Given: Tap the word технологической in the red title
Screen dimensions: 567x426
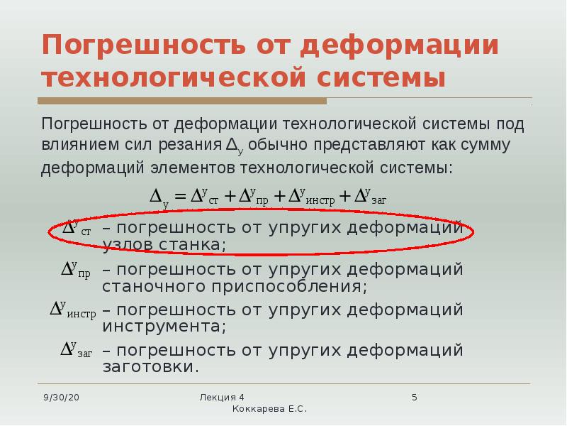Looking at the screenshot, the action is coord(174,78).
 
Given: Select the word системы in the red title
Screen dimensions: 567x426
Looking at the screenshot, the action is coord(381,78).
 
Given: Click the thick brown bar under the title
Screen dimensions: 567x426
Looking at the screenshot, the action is coord(182,101).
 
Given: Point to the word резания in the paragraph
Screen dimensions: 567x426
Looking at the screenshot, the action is coord(190,145).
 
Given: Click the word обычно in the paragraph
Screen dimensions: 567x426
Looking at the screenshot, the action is coord(278,144).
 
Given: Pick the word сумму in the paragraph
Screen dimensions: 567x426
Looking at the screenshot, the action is coord(485,145).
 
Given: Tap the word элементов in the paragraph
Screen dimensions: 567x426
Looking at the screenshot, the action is coord(193,168).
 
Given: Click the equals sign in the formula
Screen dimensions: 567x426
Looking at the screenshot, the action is coord(180,197).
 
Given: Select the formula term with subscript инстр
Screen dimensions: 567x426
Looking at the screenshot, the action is coord(312,197).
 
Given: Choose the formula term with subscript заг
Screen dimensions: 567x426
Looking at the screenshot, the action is coord(371,197).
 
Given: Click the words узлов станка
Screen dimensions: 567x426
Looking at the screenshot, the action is coord(164,245).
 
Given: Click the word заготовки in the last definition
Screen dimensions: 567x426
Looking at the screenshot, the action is coord(151,366).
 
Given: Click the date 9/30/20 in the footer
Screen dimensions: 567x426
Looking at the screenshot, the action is coord(61,398).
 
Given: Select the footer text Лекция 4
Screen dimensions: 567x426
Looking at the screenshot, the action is coord(222,398).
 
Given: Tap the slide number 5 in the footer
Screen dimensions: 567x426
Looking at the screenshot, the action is coord(415,398).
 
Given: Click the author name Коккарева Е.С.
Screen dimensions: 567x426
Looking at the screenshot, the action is coord(269,409).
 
